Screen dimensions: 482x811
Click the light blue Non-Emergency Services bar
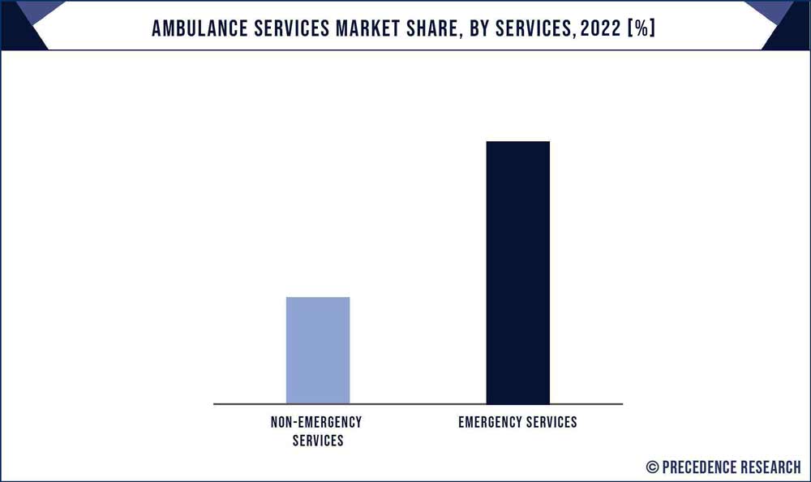click(x=318, y=351)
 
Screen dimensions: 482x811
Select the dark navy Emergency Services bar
click(x=517, y=273)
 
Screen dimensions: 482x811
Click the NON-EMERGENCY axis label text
click(x=316, y=423)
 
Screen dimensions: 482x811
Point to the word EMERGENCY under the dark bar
click(x=489, y=423)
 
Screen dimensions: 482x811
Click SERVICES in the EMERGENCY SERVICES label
click(x=550, y=423)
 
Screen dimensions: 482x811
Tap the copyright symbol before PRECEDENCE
click(x=653, y=467)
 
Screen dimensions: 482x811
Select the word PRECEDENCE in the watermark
click(x=699, y=467)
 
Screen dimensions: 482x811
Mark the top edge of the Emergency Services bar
click(x=517, y=142)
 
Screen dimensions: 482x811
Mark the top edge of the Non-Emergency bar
click(x=318, y=298)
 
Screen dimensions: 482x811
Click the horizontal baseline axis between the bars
click(x=418, y=403)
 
